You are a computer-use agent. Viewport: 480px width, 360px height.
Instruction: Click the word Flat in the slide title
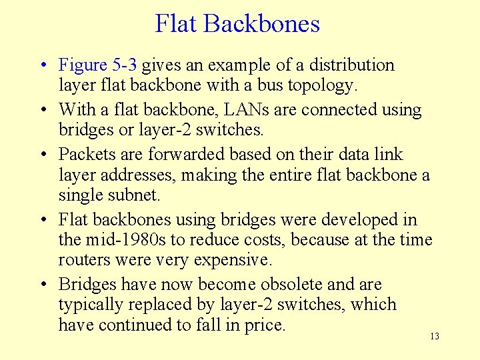pyautogui.click(x=177, y=24)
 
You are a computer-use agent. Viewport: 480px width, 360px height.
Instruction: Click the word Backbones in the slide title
pyautogui.click(x=262, y=24)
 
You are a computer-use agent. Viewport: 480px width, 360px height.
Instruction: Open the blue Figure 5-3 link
pyautogui.click(x=99, y=65)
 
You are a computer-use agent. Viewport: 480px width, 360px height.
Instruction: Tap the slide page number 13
pyautogui.click(x=435, y=337)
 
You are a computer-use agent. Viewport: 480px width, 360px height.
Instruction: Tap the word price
pyautogui.click(x=266, y=325)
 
